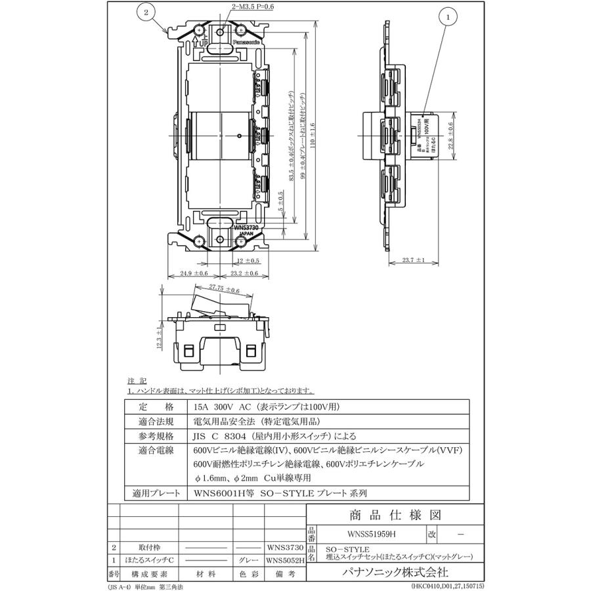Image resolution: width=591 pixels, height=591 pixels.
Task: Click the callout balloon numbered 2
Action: click(x=146, y=12)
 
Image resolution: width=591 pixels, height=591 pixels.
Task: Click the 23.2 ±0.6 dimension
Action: click(x=244, y=273)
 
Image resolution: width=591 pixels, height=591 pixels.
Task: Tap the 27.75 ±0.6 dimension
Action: click(x=224, y=288)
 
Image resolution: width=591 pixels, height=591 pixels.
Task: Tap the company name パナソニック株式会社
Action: click(x=397, y=572)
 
